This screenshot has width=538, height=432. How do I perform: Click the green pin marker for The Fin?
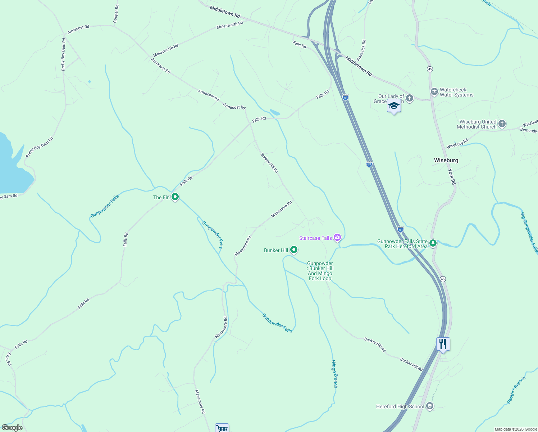pos(175,197)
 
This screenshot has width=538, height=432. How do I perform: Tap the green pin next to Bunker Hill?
pos(294,249)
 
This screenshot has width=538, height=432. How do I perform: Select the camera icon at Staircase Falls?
pos(337,237)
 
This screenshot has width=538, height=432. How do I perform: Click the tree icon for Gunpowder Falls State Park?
pos(433,243)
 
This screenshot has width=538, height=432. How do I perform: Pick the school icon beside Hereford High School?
pos(429,406)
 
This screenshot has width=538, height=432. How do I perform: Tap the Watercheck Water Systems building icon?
pos(434,92)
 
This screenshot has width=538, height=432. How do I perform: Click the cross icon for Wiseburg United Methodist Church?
pos(502,124)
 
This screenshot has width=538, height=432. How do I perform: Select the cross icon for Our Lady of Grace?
pos(409,98)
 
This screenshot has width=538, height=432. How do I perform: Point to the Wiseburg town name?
pos(446,160)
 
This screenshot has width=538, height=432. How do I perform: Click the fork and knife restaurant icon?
pos(443,345)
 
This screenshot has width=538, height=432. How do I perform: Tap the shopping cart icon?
pos(222,428)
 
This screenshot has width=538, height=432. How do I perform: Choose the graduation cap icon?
pos(394,106)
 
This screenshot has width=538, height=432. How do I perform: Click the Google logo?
pos(12,428)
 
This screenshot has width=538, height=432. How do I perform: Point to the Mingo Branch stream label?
pos(334,374)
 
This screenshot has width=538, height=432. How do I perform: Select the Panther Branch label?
pos(516,390)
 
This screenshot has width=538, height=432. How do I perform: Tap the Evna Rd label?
pos(9,359)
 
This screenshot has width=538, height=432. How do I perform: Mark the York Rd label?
pos(452,177)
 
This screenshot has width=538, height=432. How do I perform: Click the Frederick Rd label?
pos(361,50)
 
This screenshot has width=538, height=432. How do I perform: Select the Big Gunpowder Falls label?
pos(529,232)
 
